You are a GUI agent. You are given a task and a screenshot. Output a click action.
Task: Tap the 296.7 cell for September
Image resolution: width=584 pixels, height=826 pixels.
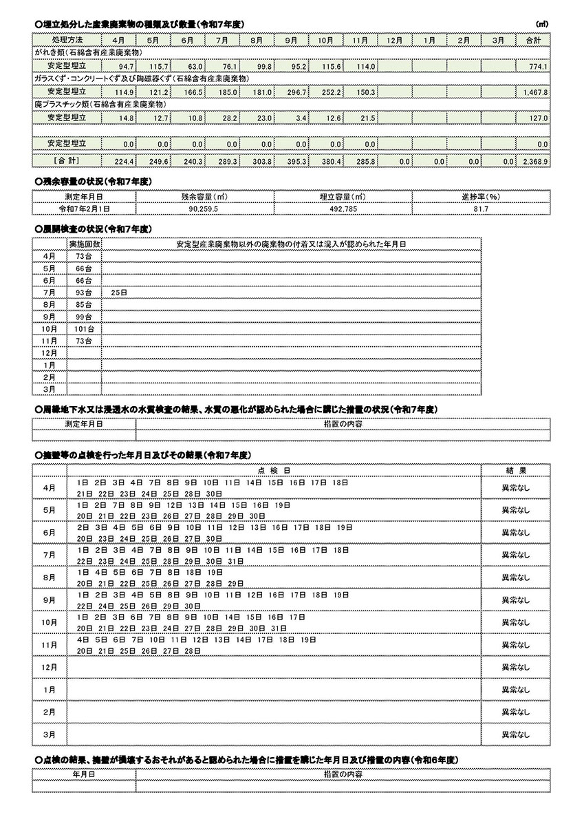click(297, 92)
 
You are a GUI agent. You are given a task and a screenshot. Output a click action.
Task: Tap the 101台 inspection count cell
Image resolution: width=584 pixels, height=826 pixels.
click(84, 329)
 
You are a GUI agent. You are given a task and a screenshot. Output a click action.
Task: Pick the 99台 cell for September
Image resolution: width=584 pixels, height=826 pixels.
click(84, 317)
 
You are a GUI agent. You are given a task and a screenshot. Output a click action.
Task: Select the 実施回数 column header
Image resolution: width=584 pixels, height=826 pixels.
click(84, 244)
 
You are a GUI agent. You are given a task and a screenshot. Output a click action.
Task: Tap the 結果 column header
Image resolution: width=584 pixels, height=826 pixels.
click(515, 471)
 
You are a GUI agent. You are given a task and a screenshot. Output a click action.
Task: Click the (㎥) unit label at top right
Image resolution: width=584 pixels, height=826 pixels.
click(542, 25)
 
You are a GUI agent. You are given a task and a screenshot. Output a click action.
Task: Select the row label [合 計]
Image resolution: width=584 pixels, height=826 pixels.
click(67, 160)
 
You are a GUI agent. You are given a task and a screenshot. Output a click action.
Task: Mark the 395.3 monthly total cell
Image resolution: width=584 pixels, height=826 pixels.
click(297, 161)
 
